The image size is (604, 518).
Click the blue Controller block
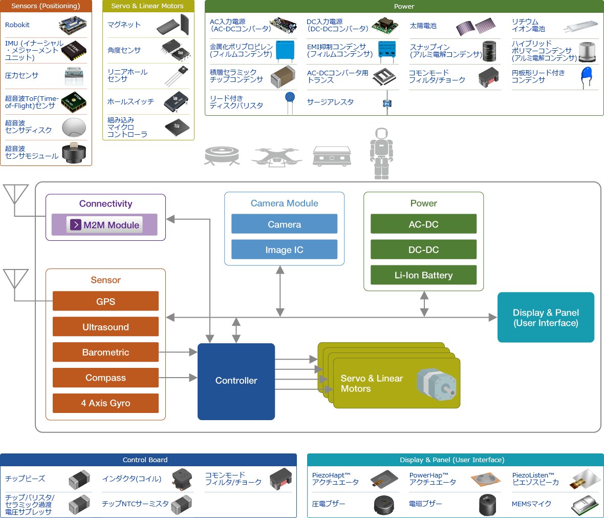[236, 381]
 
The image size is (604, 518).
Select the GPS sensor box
[105, 301]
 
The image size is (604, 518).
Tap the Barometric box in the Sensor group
[105, 352]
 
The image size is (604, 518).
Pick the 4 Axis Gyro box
[105, 403]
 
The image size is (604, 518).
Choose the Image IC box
[284, 250]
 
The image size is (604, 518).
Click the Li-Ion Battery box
[423, 275]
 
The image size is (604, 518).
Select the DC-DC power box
[423, 250]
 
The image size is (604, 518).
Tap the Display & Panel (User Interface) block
[546, 318]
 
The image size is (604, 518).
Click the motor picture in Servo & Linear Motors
[436, 386]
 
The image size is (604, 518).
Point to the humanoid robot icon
[381, 153]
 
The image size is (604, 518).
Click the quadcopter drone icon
[276, 156]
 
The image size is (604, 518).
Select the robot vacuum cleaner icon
[222, 155]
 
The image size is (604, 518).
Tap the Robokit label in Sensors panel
[17, 25]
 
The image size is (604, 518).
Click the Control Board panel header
[148, 460]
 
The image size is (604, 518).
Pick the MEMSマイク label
[532, 504]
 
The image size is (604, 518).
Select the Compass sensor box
[105, 378]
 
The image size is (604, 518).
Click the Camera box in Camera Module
[284, 224]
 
